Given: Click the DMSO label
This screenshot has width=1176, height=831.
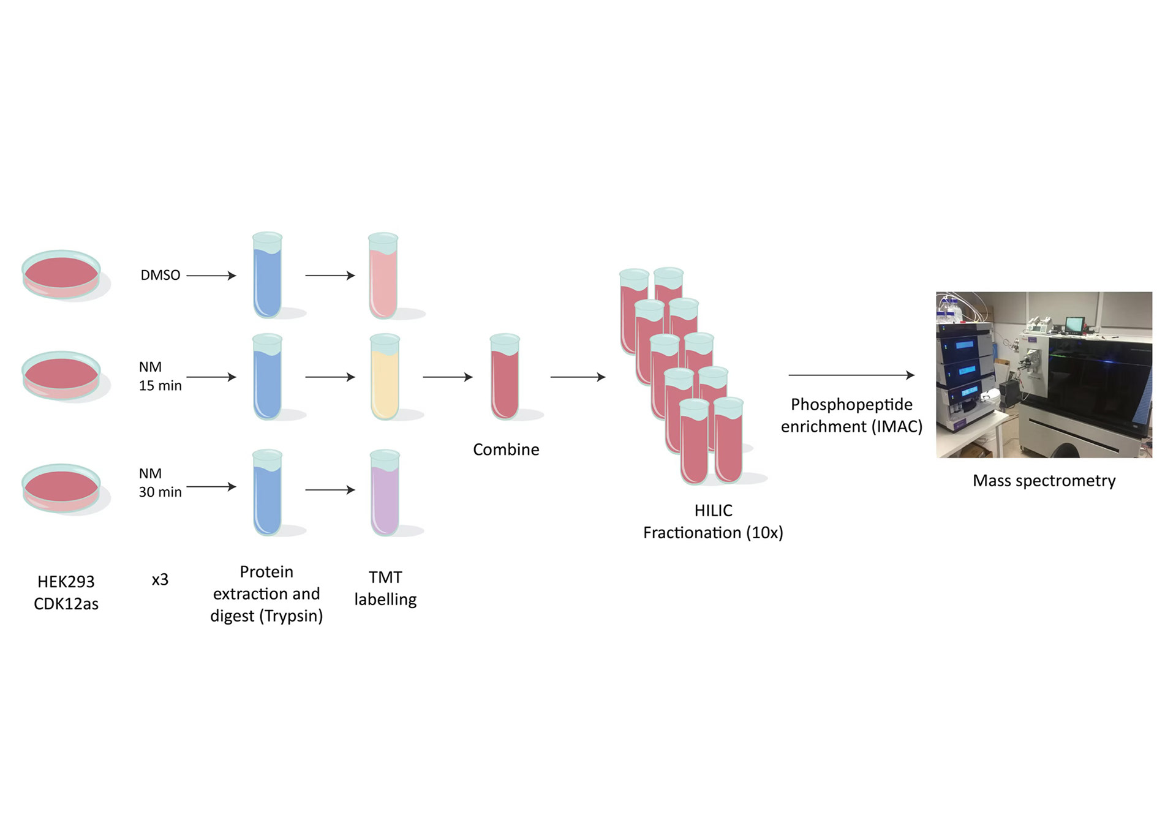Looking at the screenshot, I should [x=160, y=275].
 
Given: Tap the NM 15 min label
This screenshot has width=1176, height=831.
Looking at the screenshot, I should [x=160, y=376].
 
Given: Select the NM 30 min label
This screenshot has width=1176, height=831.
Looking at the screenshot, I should [x=160, y=483].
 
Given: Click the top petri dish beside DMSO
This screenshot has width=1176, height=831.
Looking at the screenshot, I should [x=61, y=274].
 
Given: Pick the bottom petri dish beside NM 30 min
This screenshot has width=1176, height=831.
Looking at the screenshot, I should [x=61, y=487].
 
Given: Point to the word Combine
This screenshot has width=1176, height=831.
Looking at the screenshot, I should [x=506, y=449].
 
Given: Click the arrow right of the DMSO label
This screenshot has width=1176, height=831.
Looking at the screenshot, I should [x=211, y=276].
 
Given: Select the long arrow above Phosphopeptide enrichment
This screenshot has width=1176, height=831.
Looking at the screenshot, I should [x=851, y=375].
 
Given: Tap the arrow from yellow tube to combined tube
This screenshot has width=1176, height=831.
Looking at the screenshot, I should [x=448, y=377].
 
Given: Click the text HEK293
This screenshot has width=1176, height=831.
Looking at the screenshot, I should [x=66, y=581].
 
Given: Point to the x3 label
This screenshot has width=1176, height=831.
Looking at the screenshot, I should [x=160, y=579].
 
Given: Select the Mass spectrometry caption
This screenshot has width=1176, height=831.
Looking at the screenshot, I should [x=1044, y=481].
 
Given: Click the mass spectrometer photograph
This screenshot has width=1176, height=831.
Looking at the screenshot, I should [x=1044, y=374].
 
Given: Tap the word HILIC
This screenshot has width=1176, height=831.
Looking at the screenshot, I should [x=713, y=510].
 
